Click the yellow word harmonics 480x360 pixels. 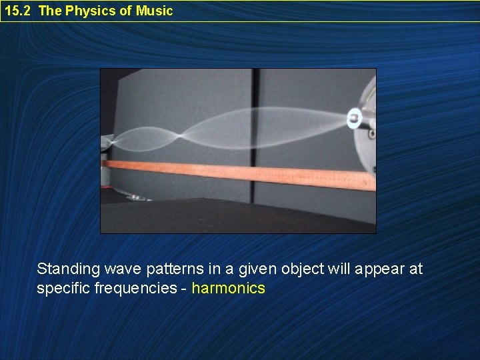[228, 289]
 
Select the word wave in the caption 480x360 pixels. [117, 269]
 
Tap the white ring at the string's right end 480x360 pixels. [354, 119]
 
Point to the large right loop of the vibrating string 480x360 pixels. [267, 127]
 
